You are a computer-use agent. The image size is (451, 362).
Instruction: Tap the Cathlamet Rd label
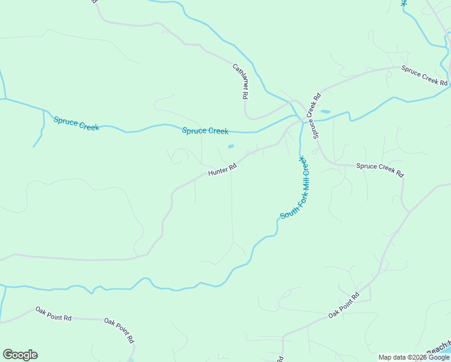tap(241, 81)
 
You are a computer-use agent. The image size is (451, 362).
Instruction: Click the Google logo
tap(20, 355)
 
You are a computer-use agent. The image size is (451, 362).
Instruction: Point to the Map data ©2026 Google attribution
tap(414, 357)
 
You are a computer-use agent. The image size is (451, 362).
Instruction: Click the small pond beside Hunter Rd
tap(230, 146)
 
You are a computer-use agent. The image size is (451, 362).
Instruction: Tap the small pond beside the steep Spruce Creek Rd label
tap(326, 112)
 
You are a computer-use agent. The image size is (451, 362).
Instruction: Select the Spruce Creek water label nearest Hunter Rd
tap(206, 130)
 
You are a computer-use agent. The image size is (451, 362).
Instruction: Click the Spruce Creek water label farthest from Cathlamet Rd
tap(76, 123)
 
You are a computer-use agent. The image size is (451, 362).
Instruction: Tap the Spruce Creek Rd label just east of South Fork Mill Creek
tap(379, 170)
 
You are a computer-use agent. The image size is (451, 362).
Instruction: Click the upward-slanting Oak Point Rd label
tap(344, 305)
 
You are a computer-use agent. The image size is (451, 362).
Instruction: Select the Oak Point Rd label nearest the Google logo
tap(53, 313)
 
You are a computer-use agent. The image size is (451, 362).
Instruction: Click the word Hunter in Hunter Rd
tap(218, 171)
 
